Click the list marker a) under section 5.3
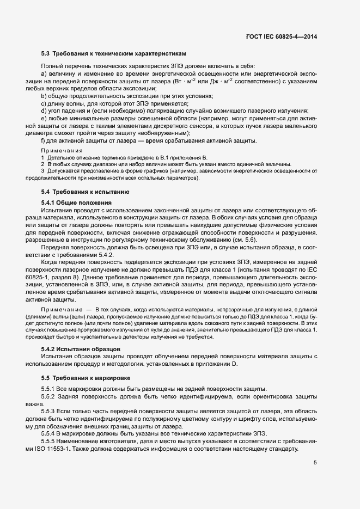(44, 73)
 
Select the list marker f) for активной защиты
(43, 141)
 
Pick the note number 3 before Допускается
(42, 171)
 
